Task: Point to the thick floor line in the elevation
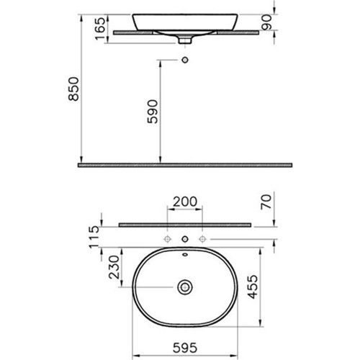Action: click(185, 164)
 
